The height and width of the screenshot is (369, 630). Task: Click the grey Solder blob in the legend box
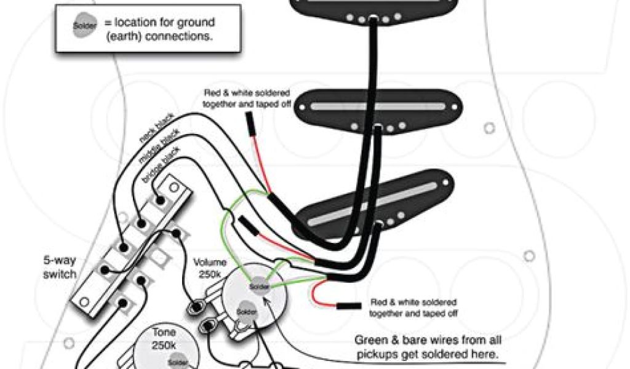pos(85,25)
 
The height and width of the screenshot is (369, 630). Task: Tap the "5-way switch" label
pos(60,266)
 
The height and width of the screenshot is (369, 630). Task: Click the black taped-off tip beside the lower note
pos(348,306)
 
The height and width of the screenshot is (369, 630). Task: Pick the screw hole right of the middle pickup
pos(488,128)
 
